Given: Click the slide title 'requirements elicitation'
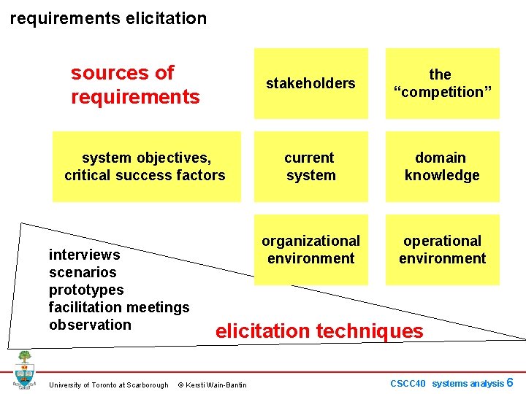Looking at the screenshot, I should [108, 18].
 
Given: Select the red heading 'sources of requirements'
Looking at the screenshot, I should [135, 84].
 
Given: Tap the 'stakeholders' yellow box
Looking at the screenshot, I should [310, 83].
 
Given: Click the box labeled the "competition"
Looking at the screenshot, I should [442, 83].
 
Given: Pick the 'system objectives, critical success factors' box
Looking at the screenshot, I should [145, 166].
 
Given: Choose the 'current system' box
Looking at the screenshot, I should [310, 166].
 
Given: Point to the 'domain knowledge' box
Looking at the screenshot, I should [442, 166].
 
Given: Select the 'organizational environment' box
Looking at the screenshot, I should [310, 250].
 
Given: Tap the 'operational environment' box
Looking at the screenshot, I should [442, 250].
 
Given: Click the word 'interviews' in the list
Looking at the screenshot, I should [84, 255].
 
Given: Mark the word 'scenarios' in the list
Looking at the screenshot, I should [83, 272].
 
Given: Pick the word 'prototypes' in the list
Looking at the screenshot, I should [85, 290].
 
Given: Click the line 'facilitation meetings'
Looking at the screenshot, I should [119, 307].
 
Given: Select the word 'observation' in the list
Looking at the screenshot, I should [90, 325].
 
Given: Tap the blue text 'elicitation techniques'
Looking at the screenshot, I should [319, 331].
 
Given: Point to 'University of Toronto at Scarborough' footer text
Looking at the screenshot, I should [108, 385].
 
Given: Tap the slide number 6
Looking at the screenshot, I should [510, 382].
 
